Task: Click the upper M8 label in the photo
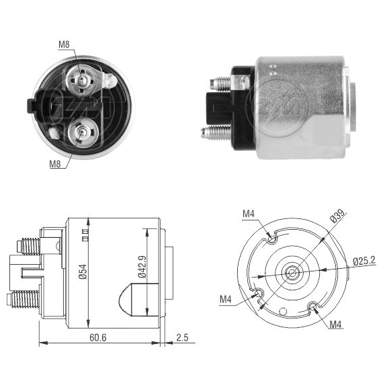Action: (64, 44)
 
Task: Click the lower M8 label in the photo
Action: (55, 163)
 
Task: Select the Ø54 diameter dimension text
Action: (83, 272)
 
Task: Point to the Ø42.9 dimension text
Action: (142, 267)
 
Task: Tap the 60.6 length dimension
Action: (98, 337)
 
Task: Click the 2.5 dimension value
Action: (183, 337)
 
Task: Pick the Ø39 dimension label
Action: (338, 216)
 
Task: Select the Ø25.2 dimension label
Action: (364, 261)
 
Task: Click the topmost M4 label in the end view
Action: (249, 214)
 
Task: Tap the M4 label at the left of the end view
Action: (226, 299)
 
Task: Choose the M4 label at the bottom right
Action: (335, 325)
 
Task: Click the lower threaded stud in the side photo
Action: (216, 132)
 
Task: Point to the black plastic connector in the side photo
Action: (218, 108)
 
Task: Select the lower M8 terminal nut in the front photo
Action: (83, 133)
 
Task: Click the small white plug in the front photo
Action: (54, 133)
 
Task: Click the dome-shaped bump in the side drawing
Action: (125, 300)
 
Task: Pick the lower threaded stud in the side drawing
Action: (24, 299)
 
